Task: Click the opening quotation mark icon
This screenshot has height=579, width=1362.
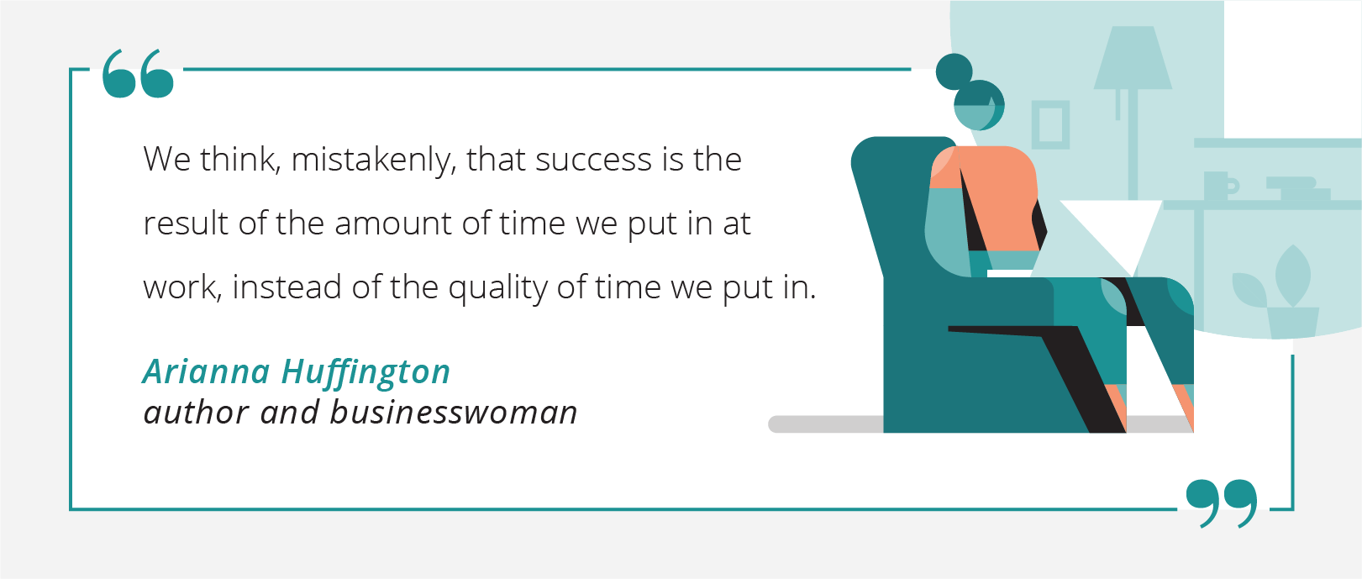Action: tap(138, 74)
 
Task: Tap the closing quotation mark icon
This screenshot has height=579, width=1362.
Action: tap(1222, 503)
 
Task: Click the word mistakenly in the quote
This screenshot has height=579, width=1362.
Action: tap(373, 161)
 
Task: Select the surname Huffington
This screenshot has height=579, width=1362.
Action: tap(366, 373)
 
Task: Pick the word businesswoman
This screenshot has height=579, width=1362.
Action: tap(454, 413)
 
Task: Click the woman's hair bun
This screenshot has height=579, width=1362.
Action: tap(954, 71)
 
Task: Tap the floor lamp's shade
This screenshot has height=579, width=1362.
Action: tap(1133, 58)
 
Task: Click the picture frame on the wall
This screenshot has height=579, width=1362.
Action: tap(1050, 124)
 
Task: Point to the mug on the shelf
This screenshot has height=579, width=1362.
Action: tap(1220, 186)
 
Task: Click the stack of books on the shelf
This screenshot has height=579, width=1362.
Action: tap(1298, 189)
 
